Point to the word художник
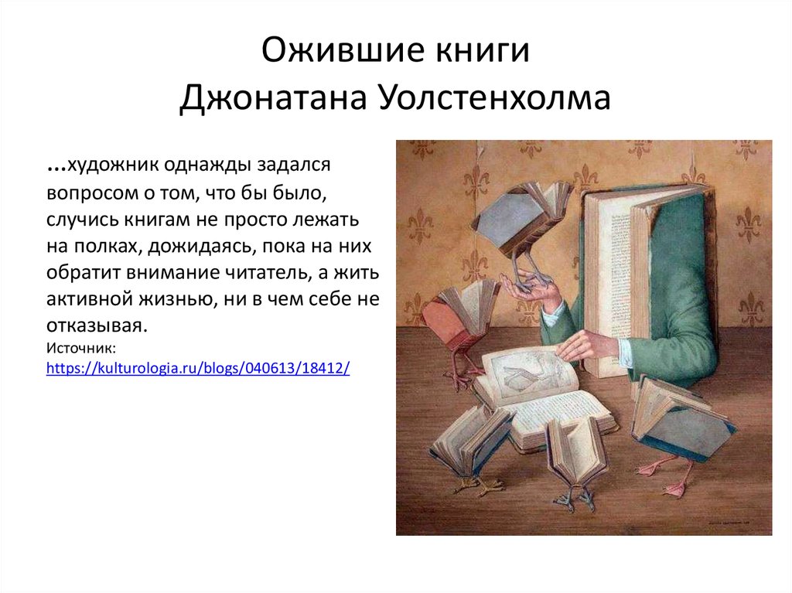pyautogui.click(x=117, y=165)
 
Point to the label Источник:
pyautogui.click(x=81, y=349)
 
